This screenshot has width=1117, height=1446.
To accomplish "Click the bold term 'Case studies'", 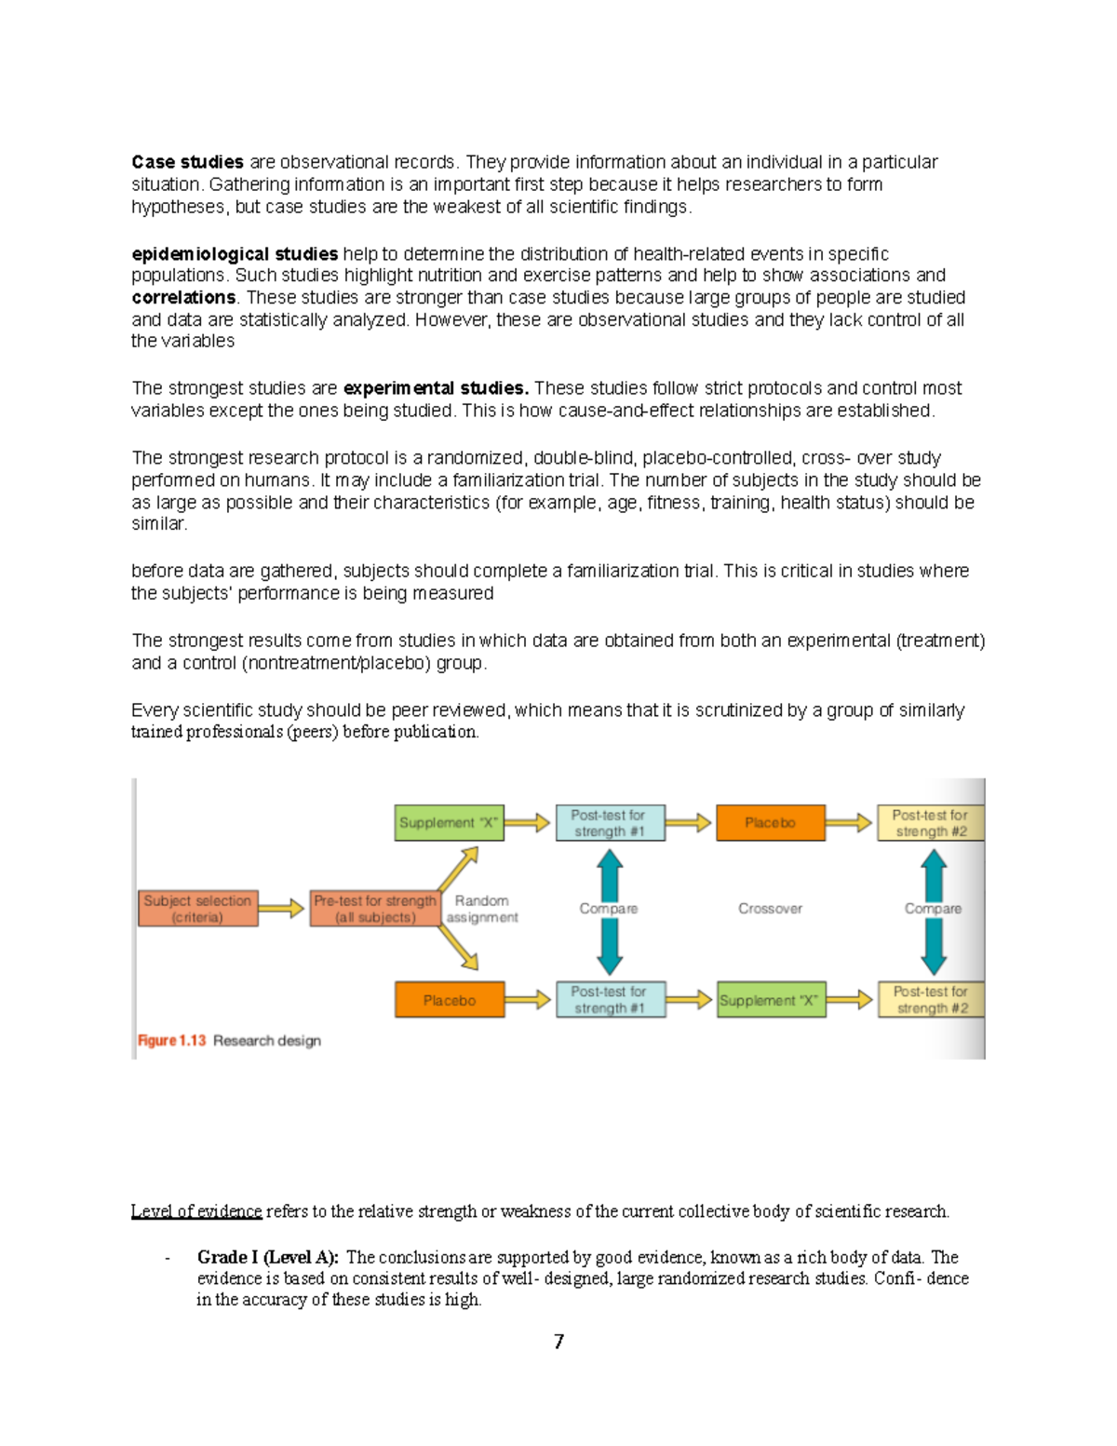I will point(187,162).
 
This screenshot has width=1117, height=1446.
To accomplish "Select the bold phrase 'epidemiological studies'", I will point(235,254).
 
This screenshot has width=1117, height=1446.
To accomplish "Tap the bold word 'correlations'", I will point(183,298).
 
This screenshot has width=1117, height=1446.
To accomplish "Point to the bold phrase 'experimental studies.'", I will point(436,388).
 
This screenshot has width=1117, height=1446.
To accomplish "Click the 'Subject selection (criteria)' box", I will point(197,909).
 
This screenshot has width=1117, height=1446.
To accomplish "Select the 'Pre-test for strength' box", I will point(374,909).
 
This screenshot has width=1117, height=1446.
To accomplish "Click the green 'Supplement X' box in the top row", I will point(449,823).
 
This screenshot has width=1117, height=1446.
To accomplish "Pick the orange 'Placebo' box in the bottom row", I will point(449,1000).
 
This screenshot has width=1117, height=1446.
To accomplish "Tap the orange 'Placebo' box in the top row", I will point(770,823).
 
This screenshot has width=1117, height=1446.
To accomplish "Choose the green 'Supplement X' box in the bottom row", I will point(770,1000).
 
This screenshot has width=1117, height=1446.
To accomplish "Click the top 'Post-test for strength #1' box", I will point(610,823).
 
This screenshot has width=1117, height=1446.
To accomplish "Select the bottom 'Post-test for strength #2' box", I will point(931,1000).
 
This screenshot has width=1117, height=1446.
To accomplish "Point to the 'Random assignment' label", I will point(481,909).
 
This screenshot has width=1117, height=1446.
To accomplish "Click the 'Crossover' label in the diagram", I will point(770,909).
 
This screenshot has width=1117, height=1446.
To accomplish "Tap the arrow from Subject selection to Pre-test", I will point(281,908).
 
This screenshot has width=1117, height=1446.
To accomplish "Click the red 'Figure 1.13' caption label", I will point(171,1041).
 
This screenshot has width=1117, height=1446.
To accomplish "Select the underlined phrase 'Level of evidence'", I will point(196,1211).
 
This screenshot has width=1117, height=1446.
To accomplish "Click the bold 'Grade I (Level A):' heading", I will point(268,1257).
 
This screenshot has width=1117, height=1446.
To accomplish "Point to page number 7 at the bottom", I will point(558,1342).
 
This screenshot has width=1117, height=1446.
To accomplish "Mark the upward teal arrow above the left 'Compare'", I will point(610,873).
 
